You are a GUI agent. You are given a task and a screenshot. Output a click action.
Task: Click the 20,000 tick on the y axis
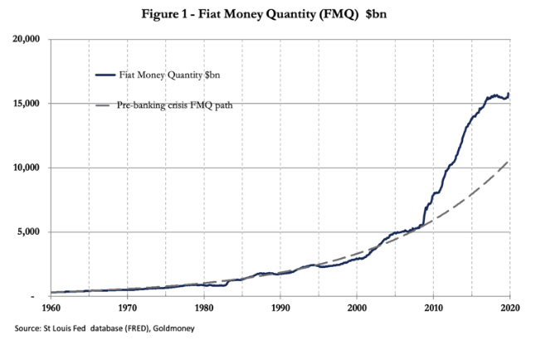pos(26,39)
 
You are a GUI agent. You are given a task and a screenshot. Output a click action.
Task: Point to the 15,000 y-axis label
pos(26,103)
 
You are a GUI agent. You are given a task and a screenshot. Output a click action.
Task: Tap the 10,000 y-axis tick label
pos(26,168)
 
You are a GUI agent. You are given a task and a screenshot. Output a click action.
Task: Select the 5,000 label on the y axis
pos(28,231)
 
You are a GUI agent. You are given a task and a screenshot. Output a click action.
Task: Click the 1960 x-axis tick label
pos(51,308)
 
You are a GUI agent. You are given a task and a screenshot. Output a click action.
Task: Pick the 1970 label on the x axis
pos(128,308)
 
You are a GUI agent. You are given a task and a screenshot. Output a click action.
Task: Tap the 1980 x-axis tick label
pos(204,308)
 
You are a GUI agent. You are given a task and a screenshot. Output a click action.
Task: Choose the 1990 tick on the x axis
pos(280,308)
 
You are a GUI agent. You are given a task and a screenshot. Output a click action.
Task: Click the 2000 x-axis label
pos(358,308)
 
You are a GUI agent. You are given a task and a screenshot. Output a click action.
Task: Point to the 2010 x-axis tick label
pos(434,308)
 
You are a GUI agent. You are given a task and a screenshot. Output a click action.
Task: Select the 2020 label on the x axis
pos(510,308)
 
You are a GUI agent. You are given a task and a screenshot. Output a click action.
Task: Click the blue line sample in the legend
pos(105,75)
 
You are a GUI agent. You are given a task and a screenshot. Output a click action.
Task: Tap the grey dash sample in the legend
pos(102,105)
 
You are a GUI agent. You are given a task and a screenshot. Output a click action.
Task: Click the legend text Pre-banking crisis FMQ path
pos(175,105)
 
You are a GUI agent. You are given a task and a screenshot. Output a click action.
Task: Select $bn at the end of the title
pos(376,14)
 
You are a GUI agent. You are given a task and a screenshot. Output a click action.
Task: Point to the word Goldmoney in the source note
pos(173,328)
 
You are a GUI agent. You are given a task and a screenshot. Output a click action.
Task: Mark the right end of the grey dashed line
pos(509,162)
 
